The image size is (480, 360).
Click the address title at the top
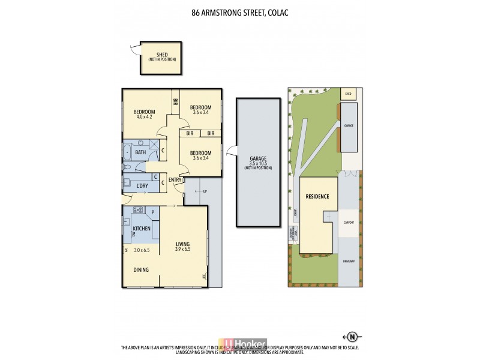(x=240, y=12)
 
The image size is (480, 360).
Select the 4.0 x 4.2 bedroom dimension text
(x=145, y=117)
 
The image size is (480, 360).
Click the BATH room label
(x=140, y=152)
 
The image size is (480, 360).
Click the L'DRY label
(x=142, y=186)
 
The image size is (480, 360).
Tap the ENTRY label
(x=175, y=180)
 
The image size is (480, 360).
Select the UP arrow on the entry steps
(x=200, y=192)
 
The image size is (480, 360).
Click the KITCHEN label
(x=141, y=229)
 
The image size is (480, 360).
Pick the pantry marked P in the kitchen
(x=153, y=212)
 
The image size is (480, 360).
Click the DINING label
(x=141, y=270)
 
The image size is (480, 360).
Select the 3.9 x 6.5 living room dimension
(x=182, y=249)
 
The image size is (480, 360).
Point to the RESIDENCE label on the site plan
(x=317, y=197)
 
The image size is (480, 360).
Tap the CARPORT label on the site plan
(x=349, y=223)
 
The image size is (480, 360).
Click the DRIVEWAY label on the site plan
(x=349, y=262)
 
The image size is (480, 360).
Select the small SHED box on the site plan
(x=348, y=93)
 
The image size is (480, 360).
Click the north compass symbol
(x=352, y=336)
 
